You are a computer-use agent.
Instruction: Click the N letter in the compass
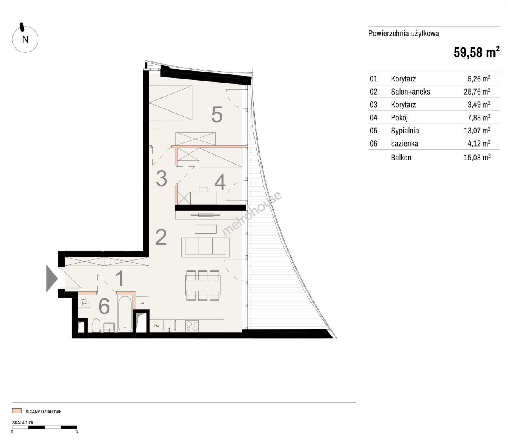[x=25, y=39]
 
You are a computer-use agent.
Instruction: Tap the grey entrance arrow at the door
[x=52, y=279]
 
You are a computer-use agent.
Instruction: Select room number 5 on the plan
[x=217, y=114]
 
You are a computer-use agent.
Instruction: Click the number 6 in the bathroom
[x=104, y=306]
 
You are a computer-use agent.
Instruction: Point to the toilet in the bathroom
[x=96, y=325]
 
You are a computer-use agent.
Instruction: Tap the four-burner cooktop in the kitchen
[x=192, y=326]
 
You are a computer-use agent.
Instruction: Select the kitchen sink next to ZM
[x=169, y=326]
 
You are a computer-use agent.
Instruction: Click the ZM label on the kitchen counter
[x=156, y=326]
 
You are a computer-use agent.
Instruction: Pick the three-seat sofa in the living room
[x=206, y=247]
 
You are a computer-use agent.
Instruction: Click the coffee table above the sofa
[x=206, y=229]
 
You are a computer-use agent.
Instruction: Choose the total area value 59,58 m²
[x=476, y=52]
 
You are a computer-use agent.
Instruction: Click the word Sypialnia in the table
[x=405, y=131]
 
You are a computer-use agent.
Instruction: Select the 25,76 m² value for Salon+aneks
[x=477, y=91]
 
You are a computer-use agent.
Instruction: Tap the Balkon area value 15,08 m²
[x=477, y=157]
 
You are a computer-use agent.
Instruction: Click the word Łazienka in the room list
[x=404, y=143]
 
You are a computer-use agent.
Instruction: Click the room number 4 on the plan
[x=220, y=182]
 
